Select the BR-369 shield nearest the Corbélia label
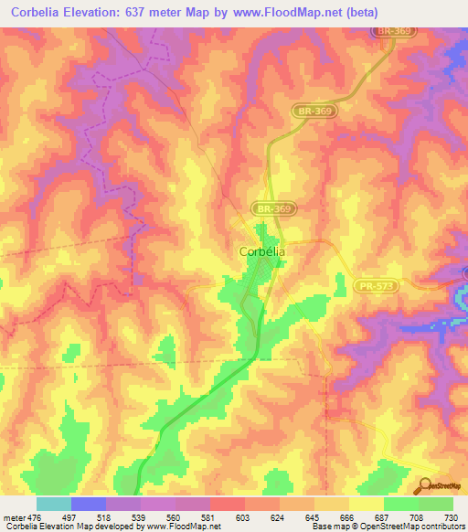pyautogui.click(x=275, y=209)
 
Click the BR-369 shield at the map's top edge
pyautogui.click(x=397, y=30)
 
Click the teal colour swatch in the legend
pyautogui.click(x=54, y=504)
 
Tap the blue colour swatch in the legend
pyautogui.click(x=89, y=504)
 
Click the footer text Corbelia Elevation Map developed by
pyautogui.click(x=64, y=527)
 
